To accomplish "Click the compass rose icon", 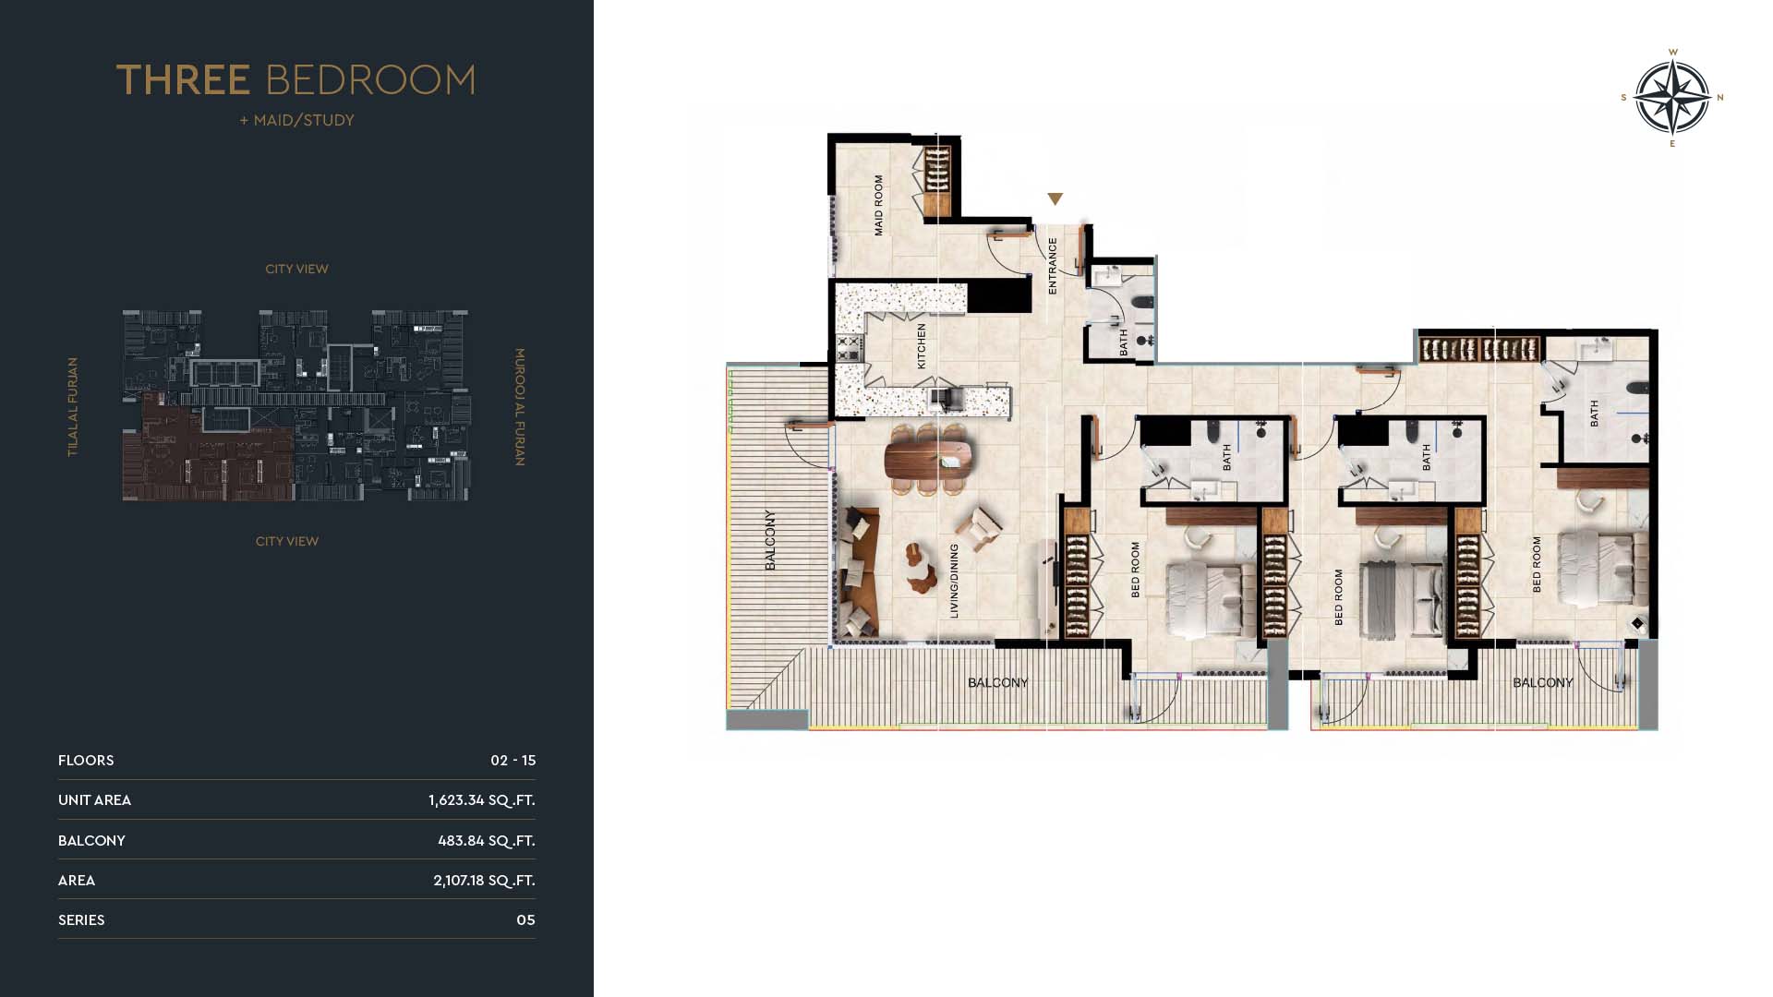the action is (x=1672, y=97).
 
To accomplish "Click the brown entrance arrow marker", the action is (x=1055, y=199).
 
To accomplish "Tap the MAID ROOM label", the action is (x=878, y=205).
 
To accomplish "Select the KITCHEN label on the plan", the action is (x=921, y=346).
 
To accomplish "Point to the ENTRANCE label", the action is (x=1053, y=266).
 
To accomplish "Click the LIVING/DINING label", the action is (x=954, y=581).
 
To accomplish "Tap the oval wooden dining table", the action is (x=929, y=459).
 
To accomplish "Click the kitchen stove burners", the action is (x=849, y=348).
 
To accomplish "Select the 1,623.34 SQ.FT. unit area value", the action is (x=481, y=800).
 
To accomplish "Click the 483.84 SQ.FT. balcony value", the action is (x=486, y=841).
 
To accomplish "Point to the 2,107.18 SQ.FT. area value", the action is (x=484, y=881).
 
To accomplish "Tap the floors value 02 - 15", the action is (x=513, y=761).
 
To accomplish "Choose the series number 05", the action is (x=525, y=920).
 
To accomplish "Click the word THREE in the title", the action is (x=183, y=80).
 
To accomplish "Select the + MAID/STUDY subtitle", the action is (x=296, y=120).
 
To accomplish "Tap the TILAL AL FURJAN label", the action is (x=73, y=407).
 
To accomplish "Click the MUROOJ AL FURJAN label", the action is (x=520, y=407).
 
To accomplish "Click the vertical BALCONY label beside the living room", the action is (x=770, y=540).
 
